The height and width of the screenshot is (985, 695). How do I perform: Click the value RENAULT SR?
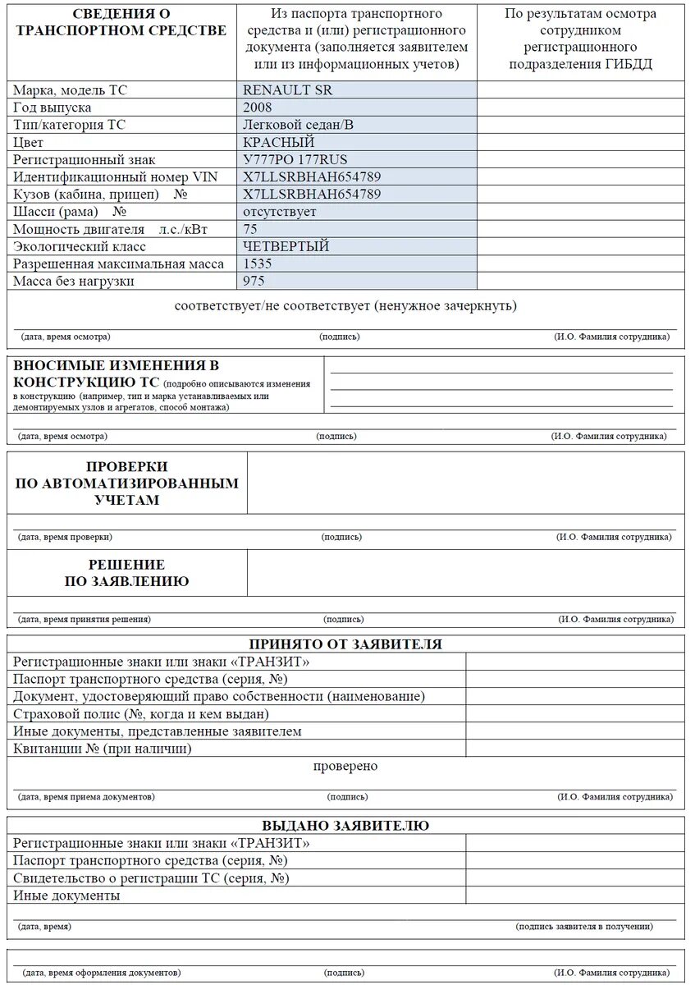[x=287, y=90]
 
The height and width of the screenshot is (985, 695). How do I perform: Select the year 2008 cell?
[x=258, y=108]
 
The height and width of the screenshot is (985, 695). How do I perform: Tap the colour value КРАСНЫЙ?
[x=279, y=142]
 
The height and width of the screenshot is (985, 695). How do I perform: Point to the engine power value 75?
[x=250, y=229]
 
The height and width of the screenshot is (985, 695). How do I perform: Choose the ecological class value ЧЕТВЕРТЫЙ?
[x=286, y=246]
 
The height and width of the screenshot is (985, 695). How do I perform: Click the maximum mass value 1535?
[x=258, y=263]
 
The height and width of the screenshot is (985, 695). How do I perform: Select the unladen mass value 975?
[x=254, y=281]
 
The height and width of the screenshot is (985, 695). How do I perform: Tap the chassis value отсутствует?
[x=279, y=212]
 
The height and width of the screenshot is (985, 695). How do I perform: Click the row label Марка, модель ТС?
[x=71, y=90]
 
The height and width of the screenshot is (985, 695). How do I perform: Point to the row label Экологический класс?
[x=80, y=246]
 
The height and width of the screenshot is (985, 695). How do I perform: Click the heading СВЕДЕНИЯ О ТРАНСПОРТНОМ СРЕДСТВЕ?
[x=121, y=22]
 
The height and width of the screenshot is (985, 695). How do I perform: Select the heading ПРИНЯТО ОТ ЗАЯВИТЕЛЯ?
[x=345, y=644]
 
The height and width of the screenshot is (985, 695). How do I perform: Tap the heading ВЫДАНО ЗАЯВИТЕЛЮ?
[x=345, y=826]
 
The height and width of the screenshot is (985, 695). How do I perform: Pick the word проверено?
[x=345, y=767]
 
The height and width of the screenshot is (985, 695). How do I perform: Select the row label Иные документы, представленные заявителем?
[x=158, y=731]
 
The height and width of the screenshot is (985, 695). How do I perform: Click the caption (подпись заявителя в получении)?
[x=584, y=927]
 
